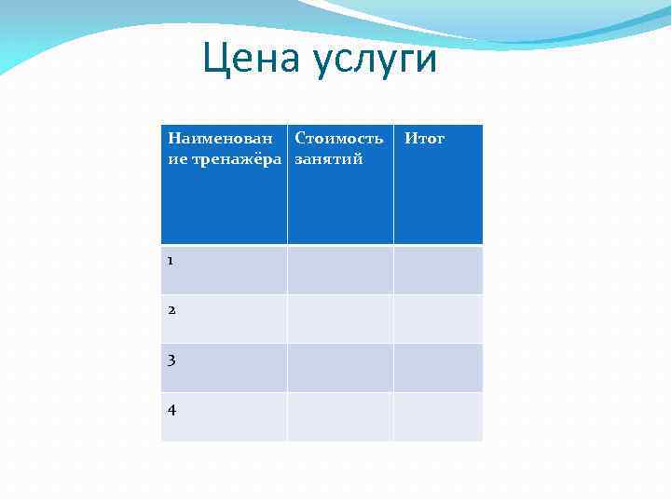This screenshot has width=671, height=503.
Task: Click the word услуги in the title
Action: click(x=375, y=61)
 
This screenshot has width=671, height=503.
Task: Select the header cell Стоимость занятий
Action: click(x=339, y=184)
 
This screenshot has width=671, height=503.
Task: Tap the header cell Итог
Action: click(x=437, y=184)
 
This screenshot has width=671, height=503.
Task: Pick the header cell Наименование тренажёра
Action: click(x=224, y=184)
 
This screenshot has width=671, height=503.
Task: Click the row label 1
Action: click(x=171, y=261)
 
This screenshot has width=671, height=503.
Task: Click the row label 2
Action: click(x=171, y=310)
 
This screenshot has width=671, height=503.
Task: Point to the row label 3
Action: click(x=171, y=360)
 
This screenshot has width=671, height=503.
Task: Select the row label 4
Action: click(x=171, y=409)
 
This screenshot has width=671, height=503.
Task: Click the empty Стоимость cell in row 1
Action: click(x=339, y=270)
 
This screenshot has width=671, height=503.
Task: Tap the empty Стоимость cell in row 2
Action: click(x=339, y=319)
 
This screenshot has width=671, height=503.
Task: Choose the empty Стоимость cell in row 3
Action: click(x=339, y=368)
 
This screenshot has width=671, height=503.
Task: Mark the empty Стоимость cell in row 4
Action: click(x=339, y=416)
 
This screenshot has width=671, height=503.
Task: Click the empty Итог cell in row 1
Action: click(x=437, y=270)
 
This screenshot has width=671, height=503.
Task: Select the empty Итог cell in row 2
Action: click(x=437, y=319)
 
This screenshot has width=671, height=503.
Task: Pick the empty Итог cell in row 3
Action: click(x=437, y=368)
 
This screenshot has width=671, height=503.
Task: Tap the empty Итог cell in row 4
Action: click(x=437, y=416)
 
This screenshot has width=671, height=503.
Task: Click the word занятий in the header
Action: click(x=328, y=159)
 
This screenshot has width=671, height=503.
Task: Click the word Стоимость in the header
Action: click(x=338, y=139)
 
